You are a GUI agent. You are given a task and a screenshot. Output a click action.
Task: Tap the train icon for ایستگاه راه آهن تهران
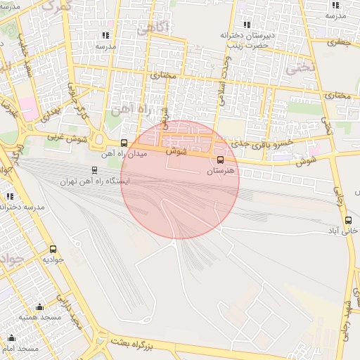[94, 170]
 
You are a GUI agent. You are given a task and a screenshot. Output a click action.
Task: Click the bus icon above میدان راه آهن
[124, 143]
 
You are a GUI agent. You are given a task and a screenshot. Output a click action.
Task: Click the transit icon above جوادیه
[53, 249]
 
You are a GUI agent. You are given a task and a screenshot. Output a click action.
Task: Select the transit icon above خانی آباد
[349, 220]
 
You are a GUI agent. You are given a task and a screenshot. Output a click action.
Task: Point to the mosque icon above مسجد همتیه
[39, 307]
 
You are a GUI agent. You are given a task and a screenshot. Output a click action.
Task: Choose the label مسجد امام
[20, 349]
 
